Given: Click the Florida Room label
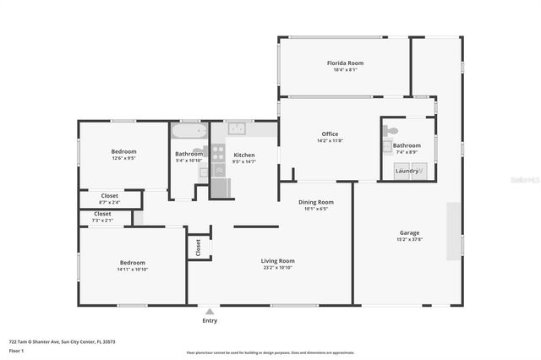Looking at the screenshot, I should [x=345, y=63].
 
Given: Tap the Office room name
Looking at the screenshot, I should [x=330, y=134].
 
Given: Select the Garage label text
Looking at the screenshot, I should [x=409, y=232].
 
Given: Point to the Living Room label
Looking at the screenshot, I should [x=277, y=260].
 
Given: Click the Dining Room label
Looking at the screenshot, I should [x=317, y=202].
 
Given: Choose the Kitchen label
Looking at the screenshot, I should [x=244, y=155].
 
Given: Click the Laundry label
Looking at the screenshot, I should [x=407, y=171].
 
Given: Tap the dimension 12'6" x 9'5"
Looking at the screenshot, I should [x=123, y=158].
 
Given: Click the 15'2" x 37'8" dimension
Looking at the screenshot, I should [x=409, y=240].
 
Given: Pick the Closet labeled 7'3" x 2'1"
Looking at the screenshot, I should [x=102, y=221].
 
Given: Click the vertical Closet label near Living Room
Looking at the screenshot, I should [x=199, y=247].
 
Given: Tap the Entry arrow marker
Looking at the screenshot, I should [x=210, y=310].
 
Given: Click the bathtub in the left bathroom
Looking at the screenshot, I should [x=189, y=131].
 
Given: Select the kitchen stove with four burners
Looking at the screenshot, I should [x=218, y=153].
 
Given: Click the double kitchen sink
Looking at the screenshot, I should [x=237, y=128].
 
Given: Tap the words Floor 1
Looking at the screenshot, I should [x=17, y=350].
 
